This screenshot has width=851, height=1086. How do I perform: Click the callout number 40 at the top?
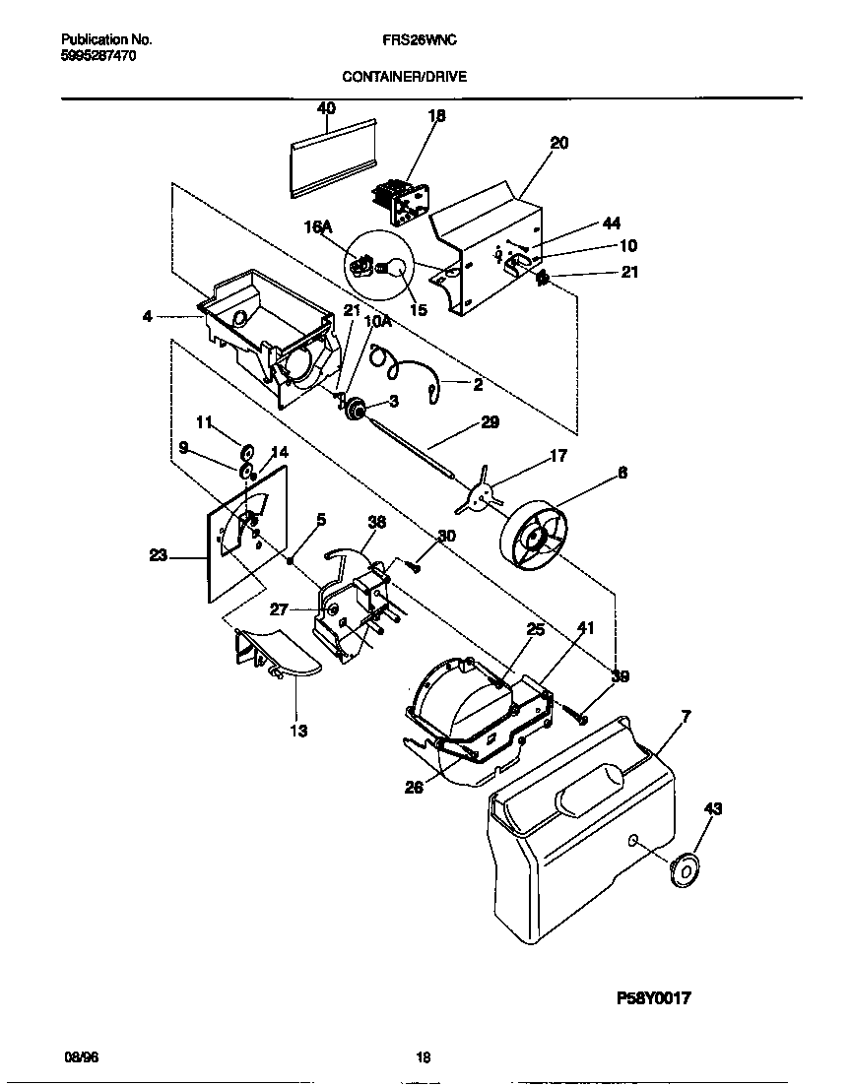click(326, 107)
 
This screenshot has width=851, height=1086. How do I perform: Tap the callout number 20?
click(558, 143)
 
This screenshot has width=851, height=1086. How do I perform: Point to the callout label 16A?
click(318, 227)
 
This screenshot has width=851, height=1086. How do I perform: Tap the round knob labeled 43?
click(681, 870)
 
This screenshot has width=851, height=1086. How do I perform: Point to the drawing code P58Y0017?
click(653, 997)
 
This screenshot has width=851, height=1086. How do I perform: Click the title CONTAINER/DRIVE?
click(404, 76)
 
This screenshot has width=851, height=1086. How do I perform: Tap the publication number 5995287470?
click(98, 56)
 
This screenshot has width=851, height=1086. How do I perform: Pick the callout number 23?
click(159, 556)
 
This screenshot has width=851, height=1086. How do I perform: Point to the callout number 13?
click(297, 731)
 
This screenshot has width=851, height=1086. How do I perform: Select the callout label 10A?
click(377, 321)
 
